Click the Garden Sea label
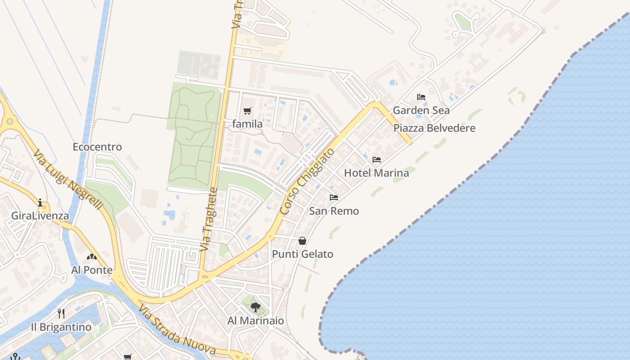pos(421,110)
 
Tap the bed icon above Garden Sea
pos(421,97)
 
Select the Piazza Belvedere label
pos(434,128)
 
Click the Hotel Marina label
pos(377,173)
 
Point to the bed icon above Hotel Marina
pos(377,159)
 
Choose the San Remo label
pos(334,211)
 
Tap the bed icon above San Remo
pos(334,197)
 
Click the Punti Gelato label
pos(302,254)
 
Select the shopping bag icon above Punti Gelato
pos(302,241)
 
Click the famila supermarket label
pos(247,124)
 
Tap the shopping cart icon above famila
pos(247,111)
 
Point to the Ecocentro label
pos(97,147)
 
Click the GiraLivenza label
pos(40,216)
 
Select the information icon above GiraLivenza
pos(40,202)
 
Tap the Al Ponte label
pos(92,270)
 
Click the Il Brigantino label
pos(61,327)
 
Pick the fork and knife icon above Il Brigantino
pos(61,313)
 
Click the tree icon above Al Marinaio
pos(256,307)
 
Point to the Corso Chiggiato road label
pos(307,181)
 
